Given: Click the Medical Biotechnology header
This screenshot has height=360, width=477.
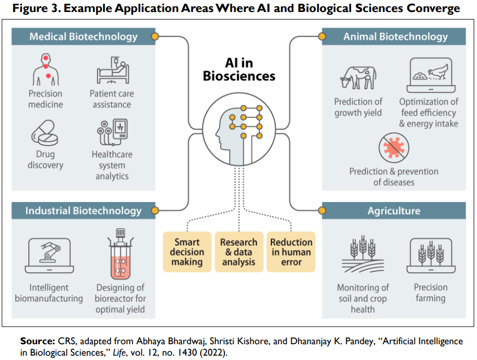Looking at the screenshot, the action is click(x=83, y=36).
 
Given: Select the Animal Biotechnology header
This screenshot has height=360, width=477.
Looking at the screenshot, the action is click(x=394, y=36).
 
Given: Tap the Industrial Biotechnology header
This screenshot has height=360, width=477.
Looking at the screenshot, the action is click(x=83, y=211).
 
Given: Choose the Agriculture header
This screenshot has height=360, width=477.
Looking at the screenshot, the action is click(x=394, y=211).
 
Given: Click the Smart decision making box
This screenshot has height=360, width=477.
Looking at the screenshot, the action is click(x=187, y=252).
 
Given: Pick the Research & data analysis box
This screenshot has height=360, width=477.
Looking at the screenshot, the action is click(x=239, y=252).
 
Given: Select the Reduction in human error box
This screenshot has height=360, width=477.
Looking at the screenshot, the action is click(x=291, y=252).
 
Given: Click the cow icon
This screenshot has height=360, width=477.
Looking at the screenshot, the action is click(x=358, y=77).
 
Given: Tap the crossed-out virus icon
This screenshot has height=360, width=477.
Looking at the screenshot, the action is click(x=394, y=148).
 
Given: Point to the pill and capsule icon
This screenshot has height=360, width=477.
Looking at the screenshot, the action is click(x=45, y=133).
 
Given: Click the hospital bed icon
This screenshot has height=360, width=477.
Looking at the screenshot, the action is click(x=113, y=70).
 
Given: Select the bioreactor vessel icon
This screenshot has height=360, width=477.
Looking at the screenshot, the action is click(x=120, y=254).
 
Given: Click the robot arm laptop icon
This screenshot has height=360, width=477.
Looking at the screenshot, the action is click(x=49, y=256).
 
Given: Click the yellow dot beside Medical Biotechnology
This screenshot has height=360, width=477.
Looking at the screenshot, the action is click(x=155, y=36).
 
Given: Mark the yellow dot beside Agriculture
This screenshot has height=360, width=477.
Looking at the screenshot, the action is click(x=322, y=211).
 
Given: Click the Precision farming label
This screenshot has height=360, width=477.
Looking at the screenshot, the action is click(x=431, y=292).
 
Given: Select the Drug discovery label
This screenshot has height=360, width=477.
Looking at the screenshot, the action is click(x=46, y=160).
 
